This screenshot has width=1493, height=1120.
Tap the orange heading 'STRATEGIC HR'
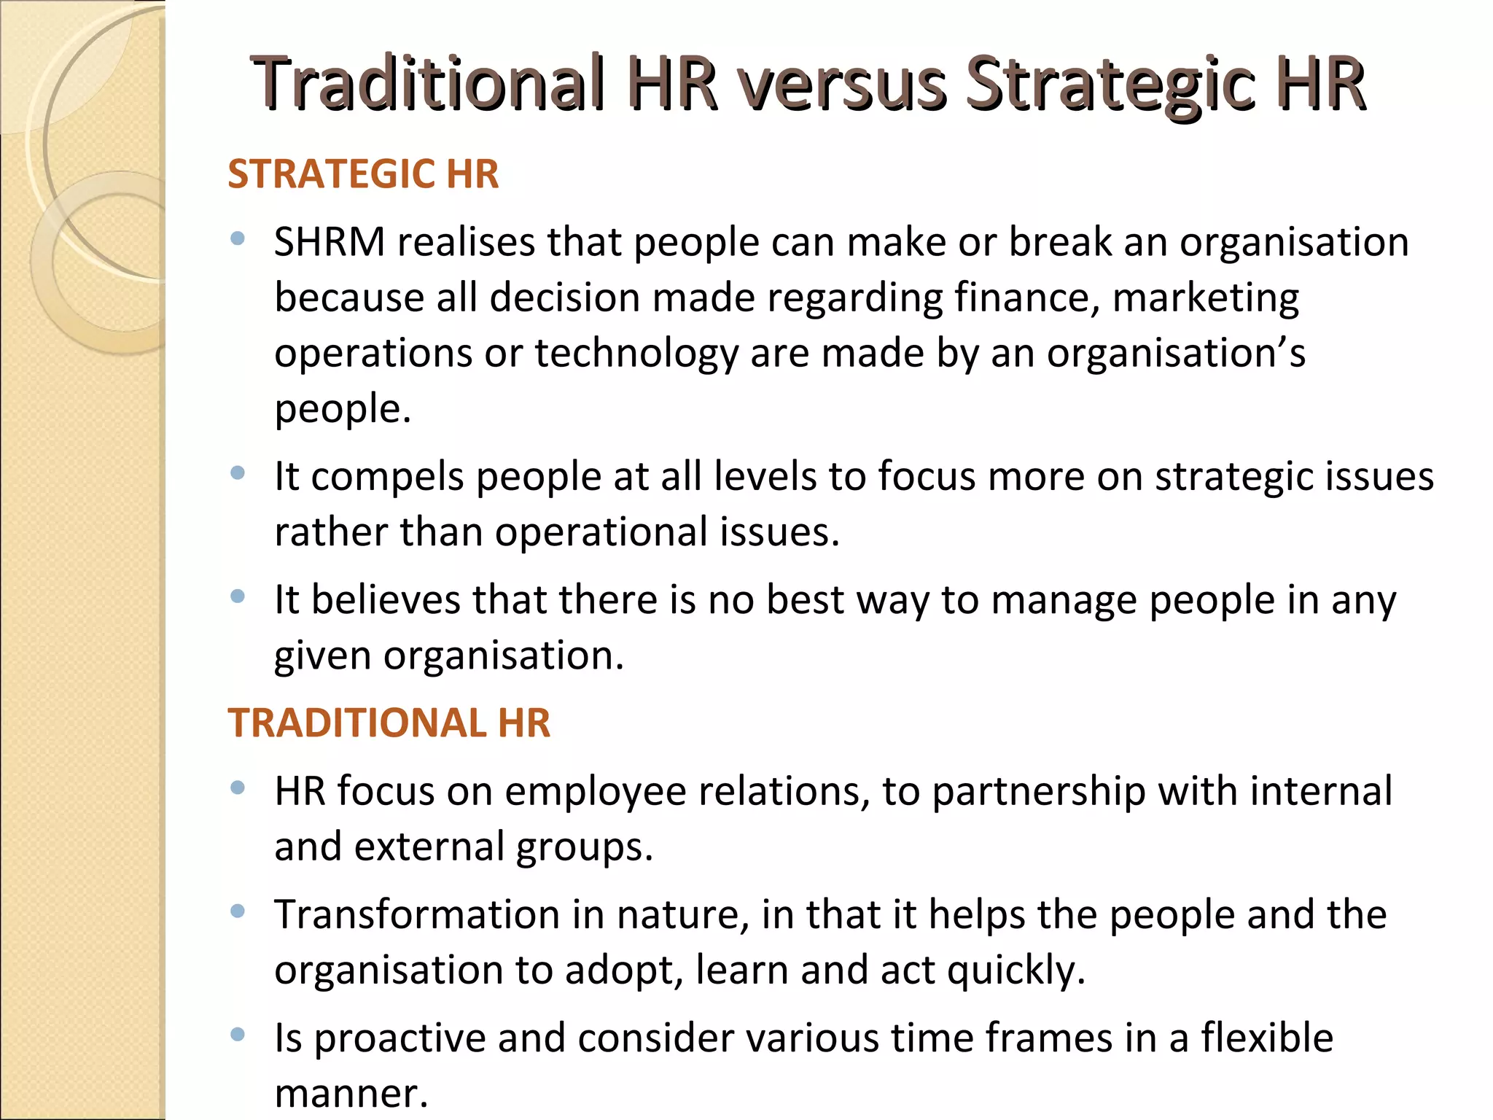pos(363,174)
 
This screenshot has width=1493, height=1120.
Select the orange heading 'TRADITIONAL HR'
pos(389,723)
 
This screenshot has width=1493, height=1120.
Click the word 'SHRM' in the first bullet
pos(330,242)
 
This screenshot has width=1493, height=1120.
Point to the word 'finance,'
pos(1027,297)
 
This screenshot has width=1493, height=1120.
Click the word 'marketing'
pos(1206,299)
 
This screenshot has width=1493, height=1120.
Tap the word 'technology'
pos(636,354)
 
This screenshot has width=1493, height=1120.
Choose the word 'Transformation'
pos(417,914)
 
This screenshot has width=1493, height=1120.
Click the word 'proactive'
pos(400,1039)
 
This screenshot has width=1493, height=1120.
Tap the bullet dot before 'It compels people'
pos(237,474)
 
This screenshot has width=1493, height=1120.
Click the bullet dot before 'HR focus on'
pos(237,788)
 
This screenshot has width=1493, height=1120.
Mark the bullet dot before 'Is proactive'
pos(237,1035)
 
